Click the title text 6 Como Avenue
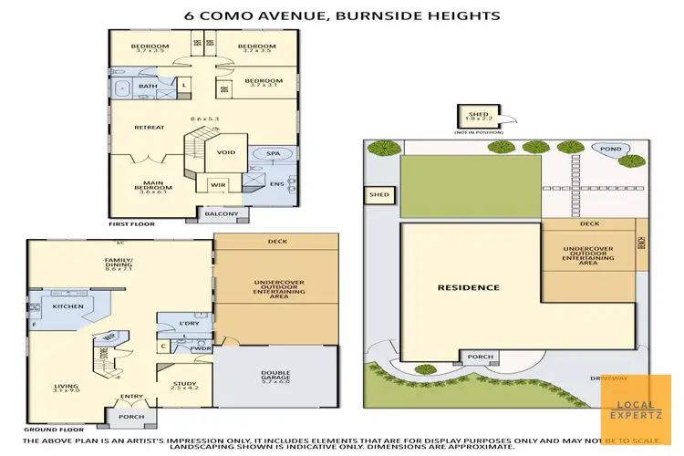click(341, 16)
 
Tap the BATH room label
click(148, 87)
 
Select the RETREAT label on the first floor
click(149, 127)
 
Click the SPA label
click(272, 153)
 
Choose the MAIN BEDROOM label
click(151, 188)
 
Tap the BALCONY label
click(222, 214)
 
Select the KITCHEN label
click(67, 307)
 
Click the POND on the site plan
click(609, 148)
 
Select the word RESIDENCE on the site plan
click(468, 287)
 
